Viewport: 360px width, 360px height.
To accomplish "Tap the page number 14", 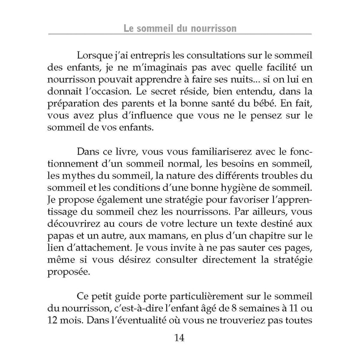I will [x=180, y=338].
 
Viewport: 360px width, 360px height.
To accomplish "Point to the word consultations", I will [x=182, y=56].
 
